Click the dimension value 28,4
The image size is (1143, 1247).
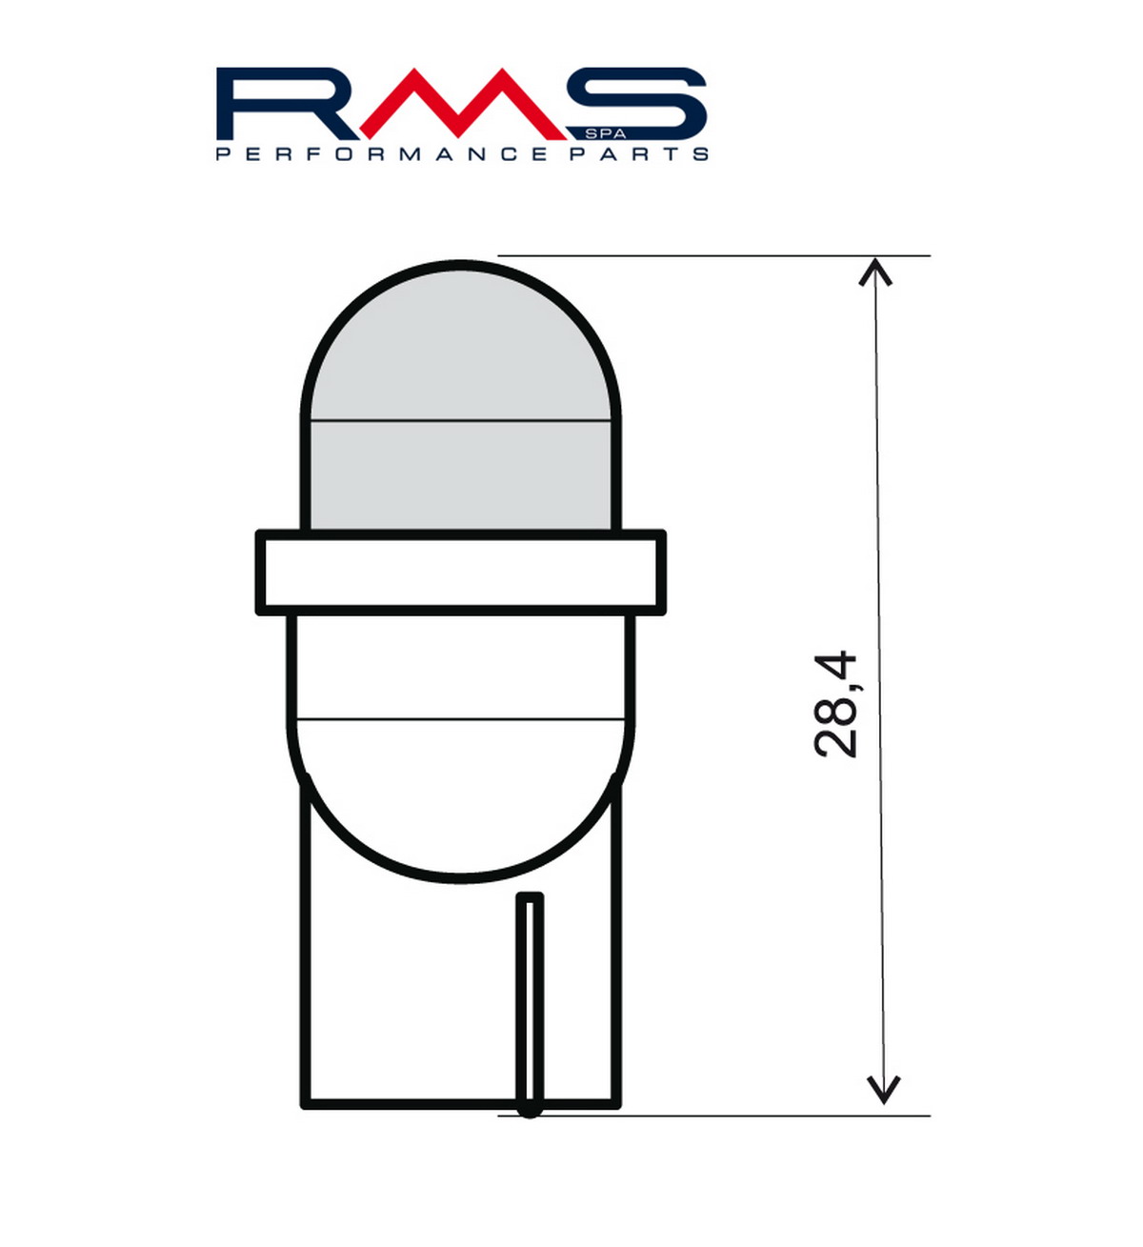pos(834,704)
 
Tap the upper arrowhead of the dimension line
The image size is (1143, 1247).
pos(875,272)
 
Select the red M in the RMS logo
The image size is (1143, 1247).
pos(461,103)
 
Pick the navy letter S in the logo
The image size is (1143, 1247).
pos(637,103)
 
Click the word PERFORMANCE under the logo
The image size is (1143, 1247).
pos(381,153)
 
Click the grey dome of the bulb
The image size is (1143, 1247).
pos(461,398)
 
